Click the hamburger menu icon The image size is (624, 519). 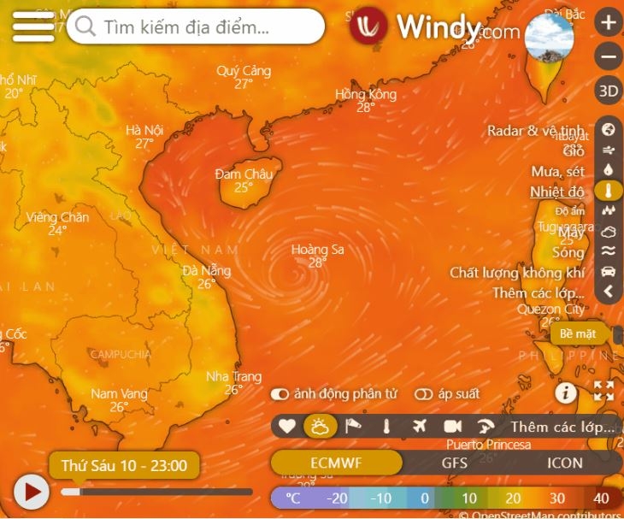tap(33, 27)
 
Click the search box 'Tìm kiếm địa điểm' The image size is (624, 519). tap(196, 27)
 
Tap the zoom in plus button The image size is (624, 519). tap(608, 23)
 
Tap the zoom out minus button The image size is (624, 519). tap(608, 57)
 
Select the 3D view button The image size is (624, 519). tap(608, 91)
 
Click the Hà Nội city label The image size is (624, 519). tap(144, 131)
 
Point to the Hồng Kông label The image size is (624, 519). tap(366, 94)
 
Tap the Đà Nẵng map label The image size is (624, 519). tap(206, 271)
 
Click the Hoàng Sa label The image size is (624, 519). tap(317, 250)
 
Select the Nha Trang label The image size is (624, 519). tap(233, 377)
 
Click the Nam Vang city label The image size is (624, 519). tap(119, 394)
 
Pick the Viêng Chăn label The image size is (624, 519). tap(57, 217)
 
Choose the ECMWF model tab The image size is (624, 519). tap(337, 463)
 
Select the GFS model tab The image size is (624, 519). tap(454, 463)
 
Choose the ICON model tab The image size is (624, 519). tap(564, 463)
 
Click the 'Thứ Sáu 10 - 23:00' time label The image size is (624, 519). tap(124, 466)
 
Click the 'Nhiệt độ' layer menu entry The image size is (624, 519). tap(557, 192)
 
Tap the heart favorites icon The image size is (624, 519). tap(287, 426)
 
